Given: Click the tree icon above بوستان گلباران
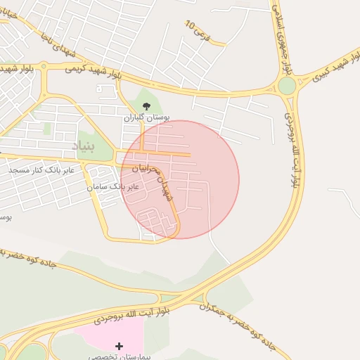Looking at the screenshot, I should pyautogui.click(x=146, y=106).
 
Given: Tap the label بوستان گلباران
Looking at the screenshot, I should pyautogui.click(x=148, y=117).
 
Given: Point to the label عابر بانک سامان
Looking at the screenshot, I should pyautogui.click(x=112, y=187).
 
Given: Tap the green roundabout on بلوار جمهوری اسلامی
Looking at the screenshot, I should pyautogui.click(x=287, y=86).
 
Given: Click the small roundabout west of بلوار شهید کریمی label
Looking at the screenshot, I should pyautogui.click(x=44, y=66).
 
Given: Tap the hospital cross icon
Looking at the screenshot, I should pyautogui.click(x=119, y=345).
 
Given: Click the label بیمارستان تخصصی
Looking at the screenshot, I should pyautogui.click(x=120, y=356).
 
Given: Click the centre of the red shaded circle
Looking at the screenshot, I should pyautogui.click(x=180, y=179).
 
